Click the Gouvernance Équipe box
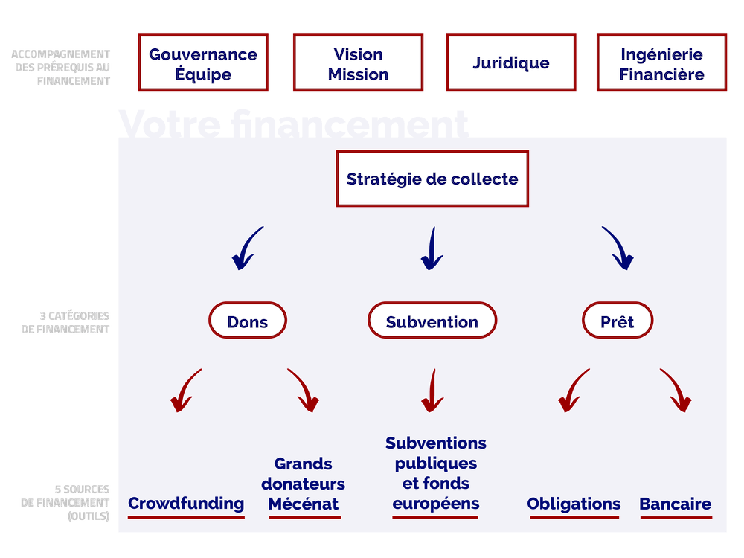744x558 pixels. pos(203,64)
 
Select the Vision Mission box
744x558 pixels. pos(358,64)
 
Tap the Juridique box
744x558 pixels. pos(511,63)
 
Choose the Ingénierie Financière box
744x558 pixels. pos(661,64)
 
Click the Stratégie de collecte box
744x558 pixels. pos(432,179)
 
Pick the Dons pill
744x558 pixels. pos(247,321)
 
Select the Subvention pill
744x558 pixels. pos(432,321)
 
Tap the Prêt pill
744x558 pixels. pos(617,321)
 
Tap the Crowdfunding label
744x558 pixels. pos(186,504)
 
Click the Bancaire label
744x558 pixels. pos(676,504)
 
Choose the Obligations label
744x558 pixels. pos(573,504)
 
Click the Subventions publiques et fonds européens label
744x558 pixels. pos(436,473)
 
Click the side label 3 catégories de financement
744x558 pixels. pos(65,322)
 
